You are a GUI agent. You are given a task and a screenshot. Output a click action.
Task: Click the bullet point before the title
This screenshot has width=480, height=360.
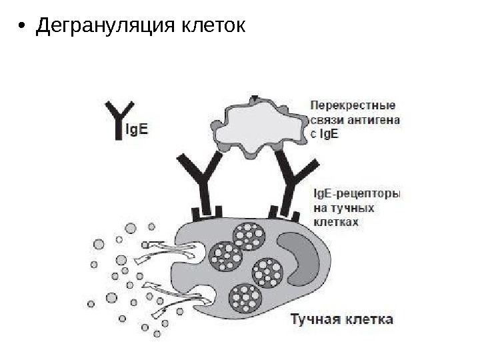coord(22,27)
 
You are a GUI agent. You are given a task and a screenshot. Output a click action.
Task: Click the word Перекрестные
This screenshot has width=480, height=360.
coord(353,105)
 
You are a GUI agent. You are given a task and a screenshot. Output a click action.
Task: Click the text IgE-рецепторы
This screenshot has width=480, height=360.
coord(356,195)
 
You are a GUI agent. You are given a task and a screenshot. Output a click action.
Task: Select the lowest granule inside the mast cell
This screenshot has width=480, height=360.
coord(245,297)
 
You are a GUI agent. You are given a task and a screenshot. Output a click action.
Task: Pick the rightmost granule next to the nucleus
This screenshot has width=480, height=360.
coord(269,271)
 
